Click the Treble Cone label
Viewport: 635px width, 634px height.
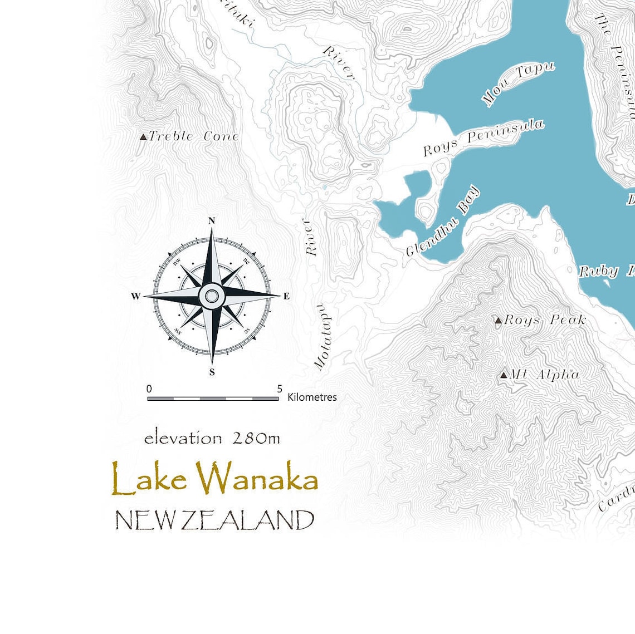[x=193, y=136]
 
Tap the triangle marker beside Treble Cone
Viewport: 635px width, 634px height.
[x=143, y=137]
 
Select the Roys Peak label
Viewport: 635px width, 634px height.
[x=544, y=320]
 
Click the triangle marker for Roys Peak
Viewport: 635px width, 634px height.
[x=498, y=321]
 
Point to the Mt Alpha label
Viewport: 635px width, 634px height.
[x=544, y=375]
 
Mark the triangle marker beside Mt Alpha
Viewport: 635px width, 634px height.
[x=504, y=375]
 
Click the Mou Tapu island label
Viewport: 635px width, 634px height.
[x=518, y=83]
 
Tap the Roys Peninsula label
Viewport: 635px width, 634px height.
[x=483, y=137]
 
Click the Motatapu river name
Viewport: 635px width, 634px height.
[x=325, y=337]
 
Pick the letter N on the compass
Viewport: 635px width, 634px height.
[x=212, y=221]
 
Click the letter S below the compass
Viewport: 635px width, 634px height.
[x=212, y=372]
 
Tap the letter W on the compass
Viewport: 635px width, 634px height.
[x=136, y=296]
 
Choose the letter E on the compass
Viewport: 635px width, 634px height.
[x=286, y=296]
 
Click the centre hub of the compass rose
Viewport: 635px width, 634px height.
[x=212, y=296]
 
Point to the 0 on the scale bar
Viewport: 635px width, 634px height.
[x=149, y=389]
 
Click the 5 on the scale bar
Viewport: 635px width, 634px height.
[x=279, y=389]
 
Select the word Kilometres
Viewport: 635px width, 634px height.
[x=312, y=397]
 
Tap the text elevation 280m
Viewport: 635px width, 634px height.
[x=212, y=439]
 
